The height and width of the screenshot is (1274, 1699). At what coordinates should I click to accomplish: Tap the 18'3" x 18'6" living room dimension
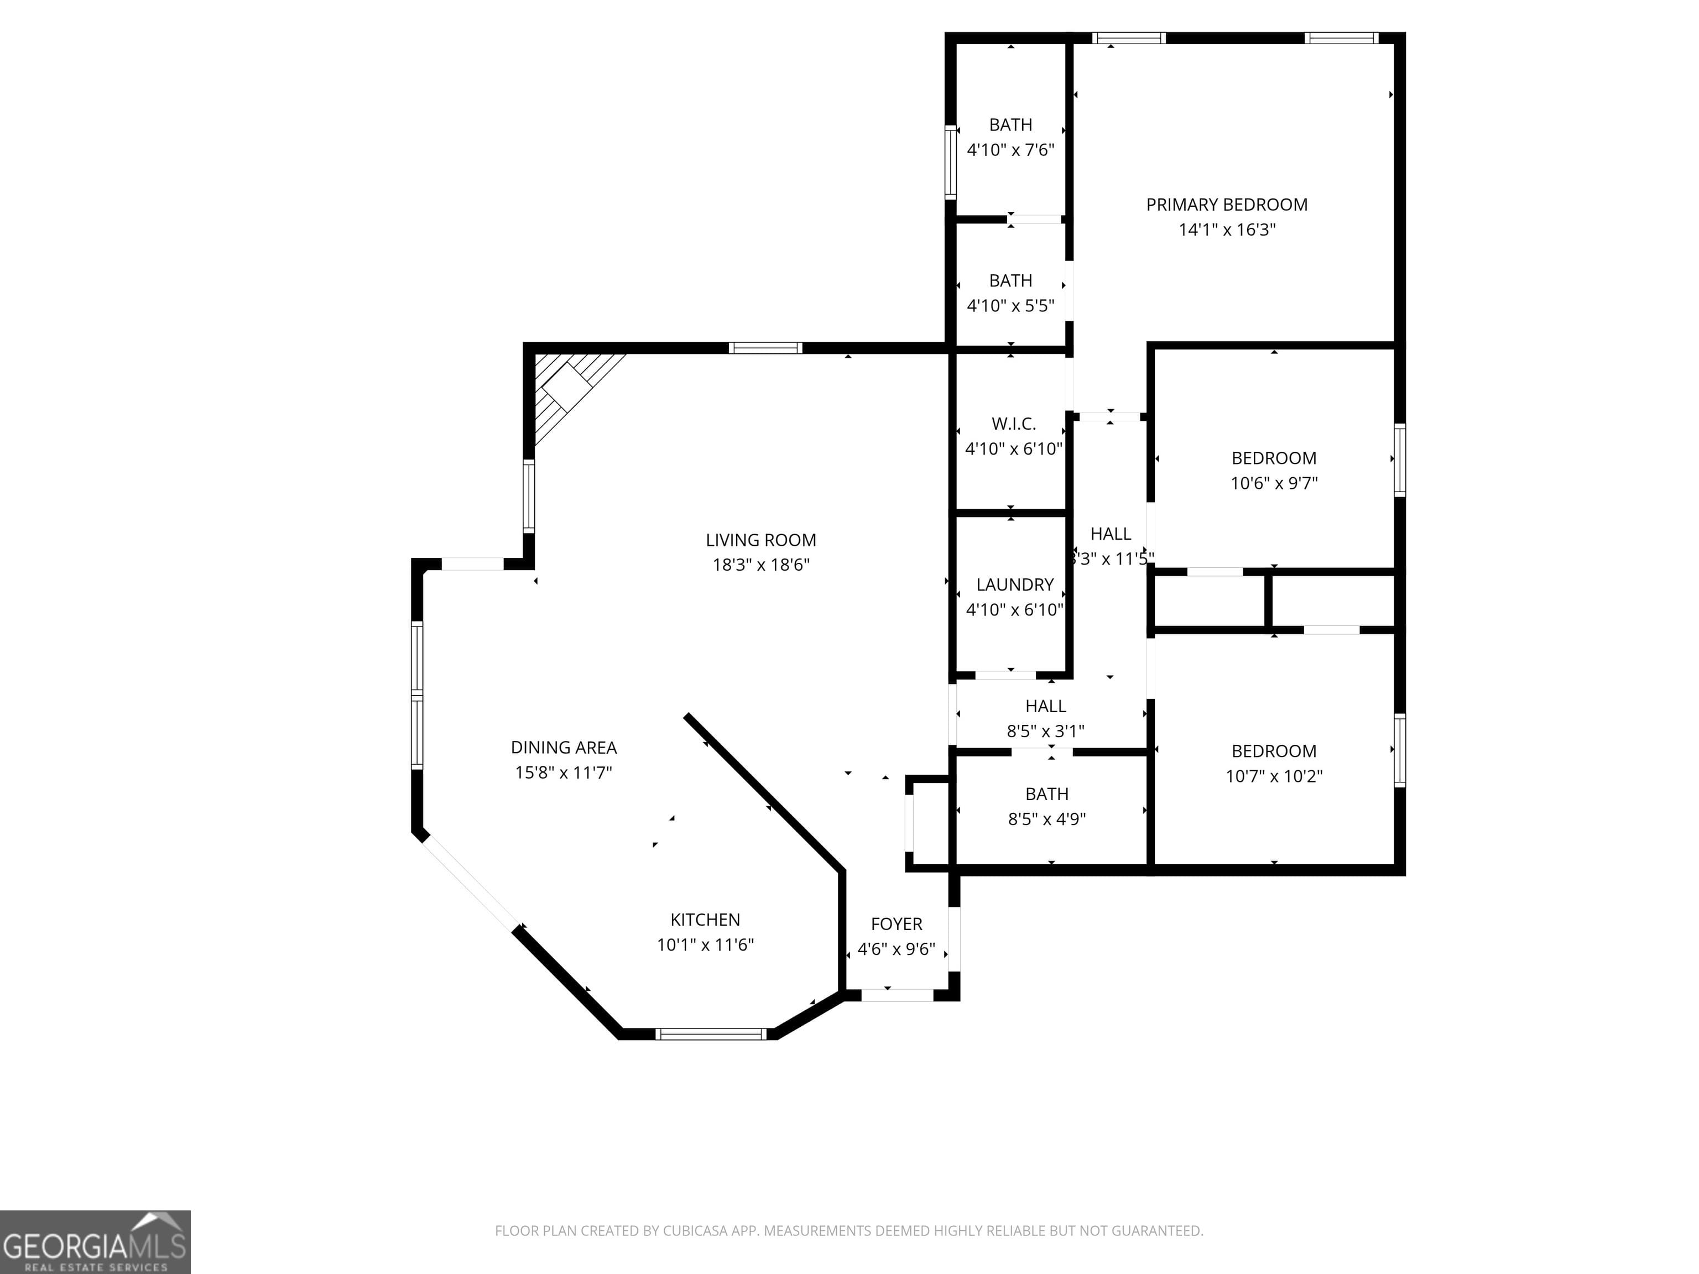click(x=760, y=565)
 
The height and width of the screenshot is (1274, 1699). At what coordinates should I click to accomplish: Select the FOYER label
click(x=897, y=925)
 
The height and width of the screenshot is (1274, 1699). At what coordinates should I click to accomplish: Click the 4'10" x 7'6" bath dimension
click(x=1010, y=150)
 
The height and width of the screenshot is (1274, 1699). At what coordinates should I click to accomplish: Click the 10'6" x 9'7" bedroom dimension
click(x=1274, y=484)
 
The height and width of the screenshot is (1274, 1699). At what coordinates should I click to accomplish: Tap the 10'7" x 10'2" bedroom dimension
click(x=1274, y=776)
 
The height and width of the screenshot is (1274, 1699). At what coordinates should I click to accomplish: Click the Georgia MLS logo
click(x=95, y=1242)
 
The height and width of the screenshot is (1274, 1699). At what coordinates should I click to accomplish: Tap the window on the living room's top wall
click(x=765, y=348)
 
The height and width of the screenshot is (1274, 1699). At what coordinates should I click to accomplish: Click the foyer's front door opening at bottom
click(x=897, y=995)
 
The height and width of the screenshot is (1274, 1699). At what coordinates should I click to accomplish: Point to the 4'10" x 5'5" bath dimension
click(x=1010, y=306)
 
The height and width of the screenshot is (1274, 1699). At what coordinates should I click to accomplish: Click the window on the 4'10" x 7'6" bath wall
click(x=950, y=163)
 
